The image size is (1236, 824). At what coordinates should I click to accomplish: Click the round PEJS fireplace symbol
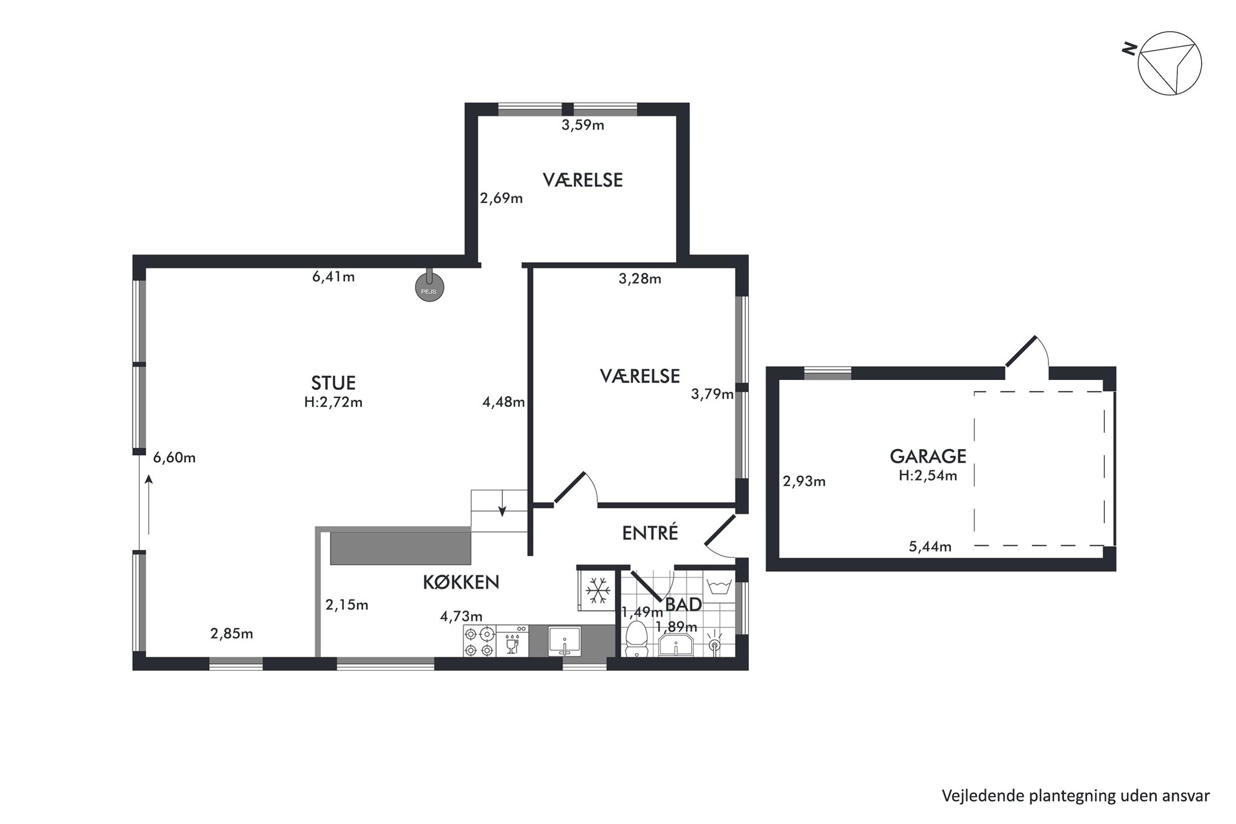click(429, 287)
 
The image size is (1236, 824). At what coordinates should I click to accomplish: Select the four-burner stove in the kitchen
click(479, 642)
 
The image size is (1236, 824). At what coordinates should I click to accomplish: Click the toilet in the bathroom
click(636, 638)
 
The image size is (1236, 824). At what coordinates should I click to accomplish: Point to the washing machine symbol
click(720, 587)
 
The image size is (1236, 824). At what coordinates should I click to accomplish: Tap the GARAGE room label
click(928, 457)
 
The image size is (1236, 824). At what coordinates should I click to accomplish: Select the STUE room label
click(333, 382)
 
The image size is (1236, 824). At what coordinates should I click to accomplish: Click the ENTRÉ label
click(650, 533)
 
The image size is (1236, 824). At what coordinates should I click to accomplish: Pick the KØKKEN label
click(461, 582)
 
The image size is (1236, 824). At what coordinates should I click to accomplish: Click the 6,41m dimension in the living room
click(333, 277)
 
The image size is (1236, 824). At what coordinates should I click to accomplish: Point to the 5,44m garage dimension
click(930, 547)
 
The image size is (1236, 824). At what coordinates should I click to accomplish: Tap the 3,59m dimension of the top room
click(583, 125)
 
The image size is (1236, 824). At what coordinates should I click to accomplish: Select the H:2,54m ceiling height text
click(928, 476)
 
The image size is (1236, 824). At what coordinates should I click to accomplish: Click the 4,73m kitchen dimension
click(461, 617)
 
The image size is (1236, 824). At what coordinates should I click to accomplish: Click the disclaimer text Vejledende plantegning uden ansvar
click(1076, 795)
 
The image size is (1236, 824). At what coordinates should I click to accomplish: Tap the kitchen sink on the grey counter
click(564, 641)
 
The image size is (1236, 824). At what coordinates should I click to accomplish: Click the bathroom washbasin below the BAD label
click(677, 645)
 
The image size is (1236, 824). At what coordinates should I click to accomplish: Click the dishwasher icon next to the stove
click(513, 642)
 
